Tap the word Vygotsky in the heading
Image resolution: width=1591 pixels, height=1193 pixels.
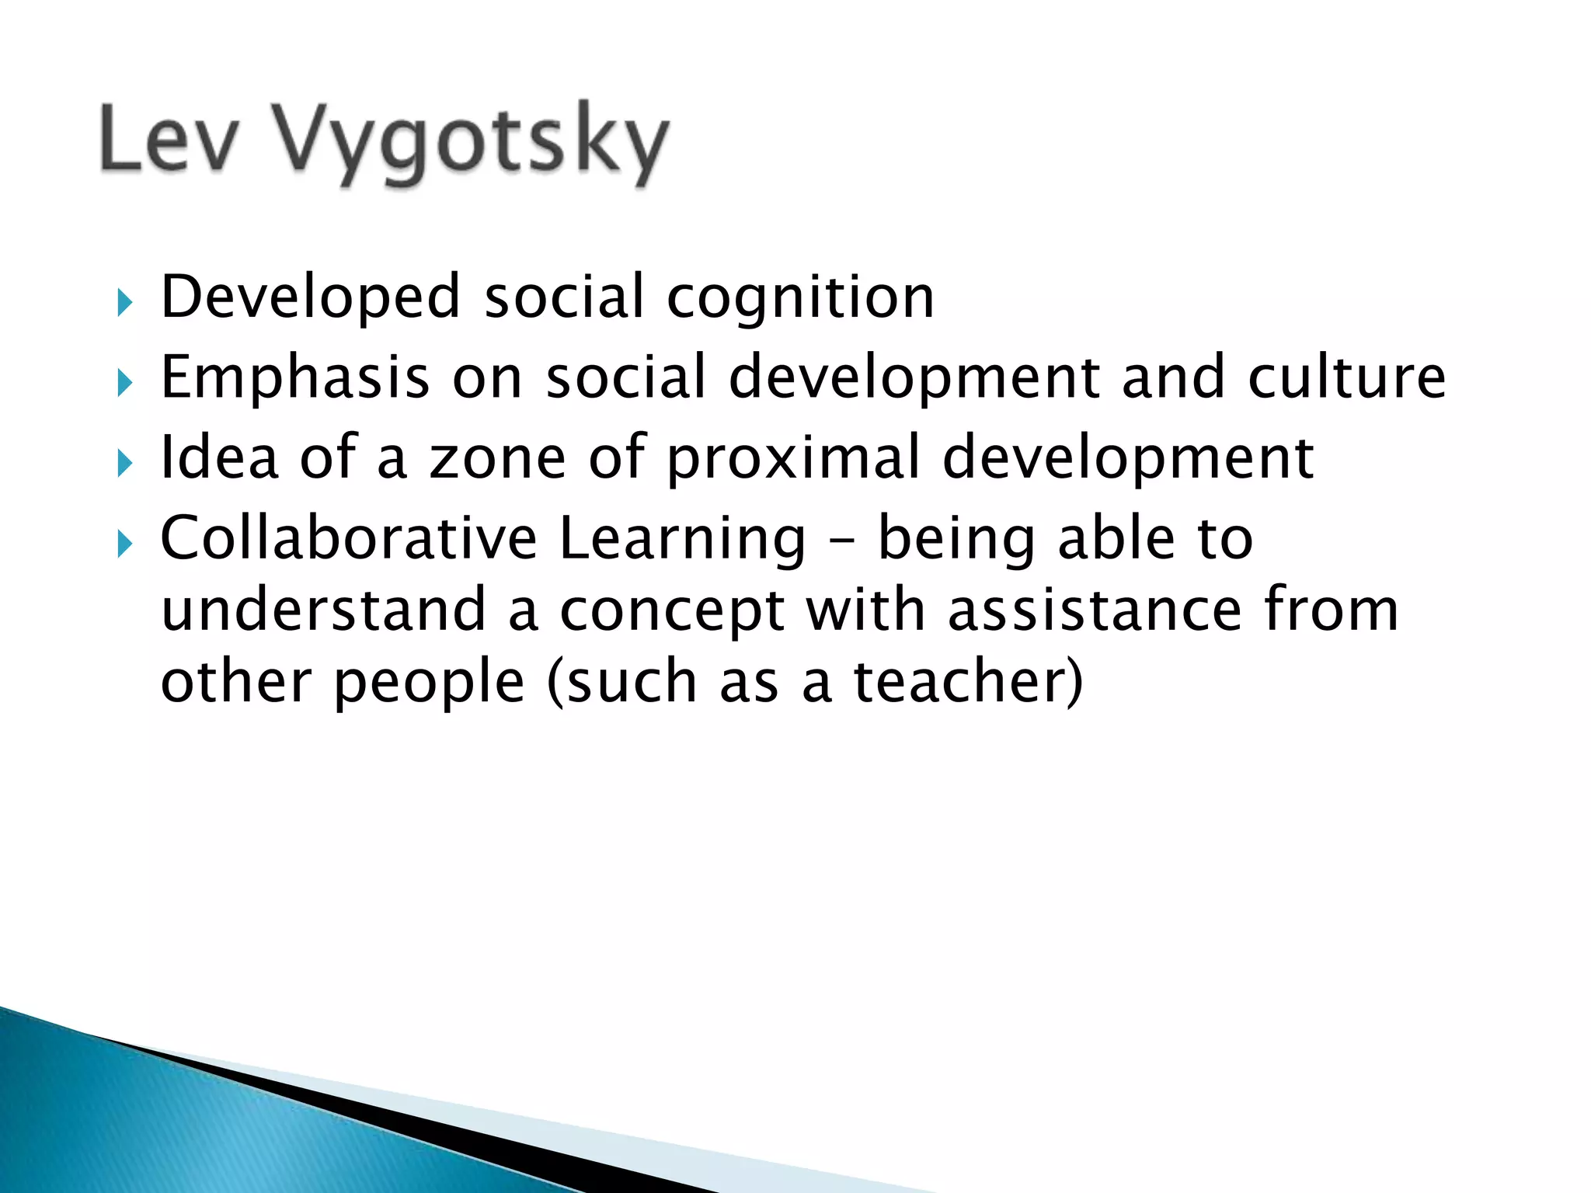[471, 141]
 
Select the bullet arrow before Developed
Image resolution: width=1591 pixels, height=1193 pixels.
[124, 302]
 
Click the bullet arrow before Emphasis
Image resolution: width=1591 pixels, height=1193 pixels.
[124, 382]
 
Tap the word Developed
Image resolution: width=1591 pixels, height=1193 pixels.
[311, 297]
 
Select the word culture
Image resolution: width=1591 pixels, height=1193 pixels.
[1346, 377]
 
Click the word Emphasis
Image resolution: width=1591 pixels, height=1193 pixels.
[294, 377]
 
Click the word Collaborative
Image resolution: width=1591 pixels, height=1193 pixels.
[349, 537]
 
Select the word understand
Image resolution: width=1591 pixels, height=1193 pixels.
[323, 610]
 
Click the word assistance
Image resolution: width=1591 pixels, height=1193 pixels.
[1095, 610]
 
